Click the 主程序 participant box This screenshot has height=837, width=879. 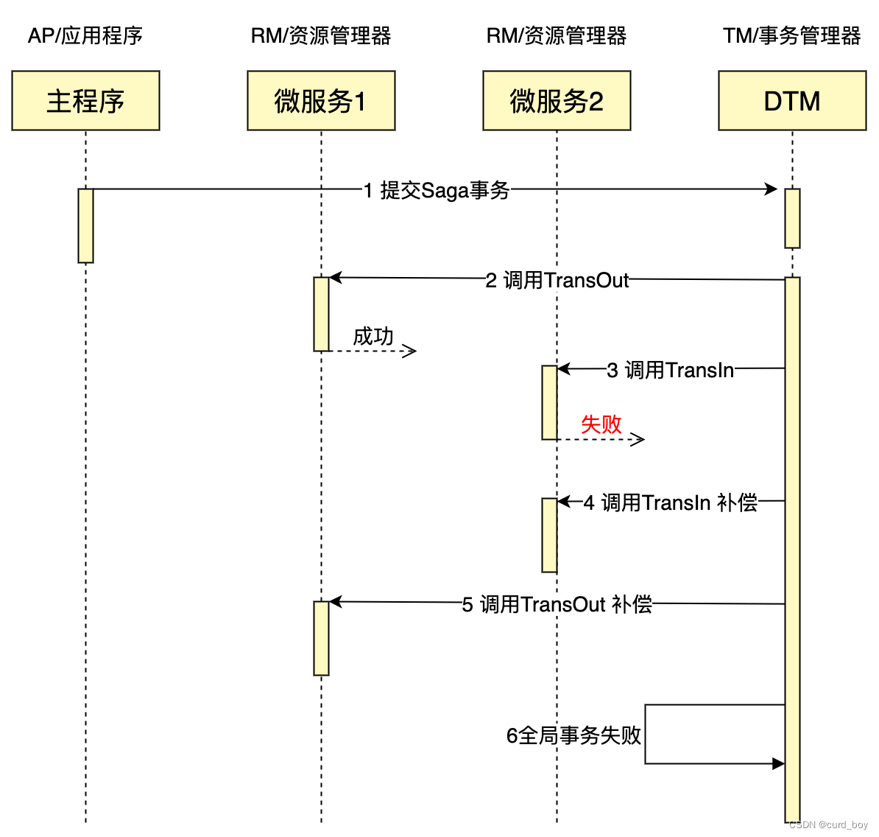(x=85, y=101)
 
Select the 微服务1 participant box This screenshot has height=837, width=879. (x=321, y=101)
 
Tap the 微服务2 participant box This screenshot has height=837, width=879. (x=557, y=101)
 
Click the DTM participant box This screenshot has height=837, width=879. (x=792, y=101)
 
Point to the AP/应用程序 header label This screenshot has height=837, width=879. (x=85, y=35)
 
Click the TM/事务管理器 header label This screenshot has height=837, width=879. (x=792, y=35)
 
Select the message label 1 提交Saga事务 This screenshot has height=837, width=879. (x=437, y=190)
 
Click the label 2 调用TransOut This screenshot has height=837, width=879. (x=557, y=280)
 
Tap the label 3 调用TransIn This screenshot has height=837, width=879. (x=670, y=370)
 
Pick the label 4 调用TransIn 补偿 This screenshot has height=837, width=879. (x=671, y=502)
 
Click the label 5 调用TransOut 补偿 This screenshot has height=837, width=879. (x=557, y=604)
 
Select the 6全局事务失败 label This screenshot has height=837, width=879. (x=573, y=735)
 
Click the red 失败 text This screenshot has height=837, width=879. (x=601, y=424)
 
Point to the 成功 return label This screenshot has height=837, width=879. (x=373, y=336)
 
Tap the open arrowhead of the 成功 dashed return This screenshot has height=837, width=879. (x=411, y=351)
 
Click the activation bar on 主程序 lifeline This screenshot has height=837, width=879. (x=85, y=225)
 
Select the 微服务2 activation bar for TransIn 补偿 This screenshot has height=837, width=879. (x=549, y=535)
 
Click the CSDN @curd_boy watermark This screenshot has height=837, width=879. (x=828, y=825)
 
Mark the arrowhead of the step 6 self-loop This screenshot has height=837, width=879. (x=778, y=764)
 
